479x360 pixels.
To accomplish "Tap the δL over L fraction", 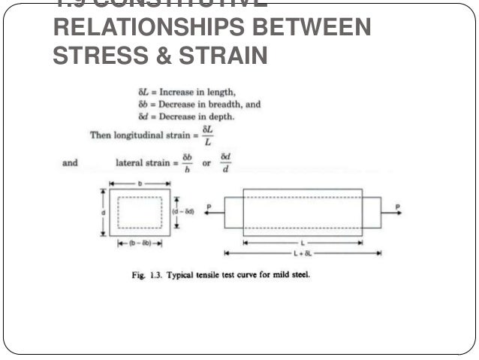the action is coord(207,135).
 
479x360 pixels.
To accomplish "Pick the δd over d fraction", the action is coord(225,162).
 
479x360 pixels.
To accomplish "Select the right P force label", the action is coord(397,205).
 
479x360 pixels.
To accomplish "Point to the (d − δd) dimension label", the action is coord(185,213).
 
